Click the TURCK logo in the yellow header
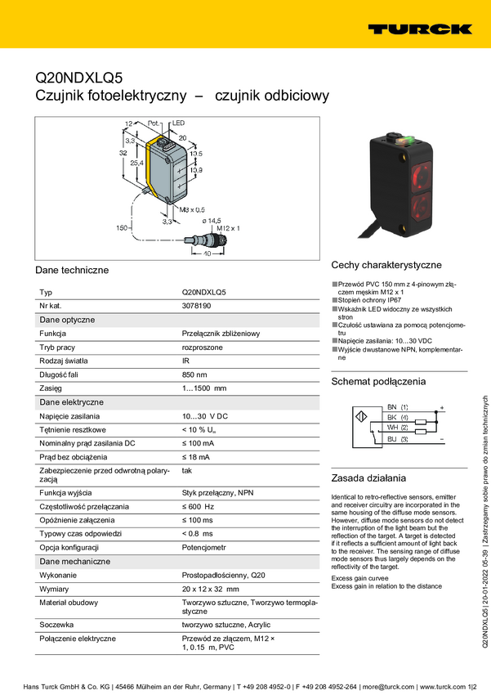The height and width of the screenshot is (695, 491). point(419,29)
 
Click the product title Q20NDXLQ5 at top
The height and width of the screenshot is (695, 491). point(78,78)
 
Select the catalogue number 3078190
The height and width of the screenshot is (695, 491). point(197,306)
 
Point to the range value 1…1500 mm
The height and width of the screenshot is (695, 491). point(204,388)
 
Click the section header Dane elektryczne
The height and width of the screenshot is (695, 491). point(71,402)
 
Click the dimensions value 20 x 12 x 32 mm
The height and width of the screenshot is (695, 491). point(211,589)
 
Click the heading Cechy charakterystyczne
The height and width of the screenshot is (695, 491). point(386,265)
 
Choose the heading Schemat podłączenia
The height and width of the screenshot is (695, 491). point(378,382)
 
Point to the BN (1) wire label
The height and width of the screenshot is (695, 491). point(398,407)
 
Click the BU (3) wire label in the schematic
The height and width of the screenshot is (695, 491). point(398,440)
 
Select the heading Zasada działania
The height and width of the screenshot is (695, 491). point(368,478)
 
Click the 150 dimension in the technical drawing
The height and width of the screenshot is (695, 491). point(123,228)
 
